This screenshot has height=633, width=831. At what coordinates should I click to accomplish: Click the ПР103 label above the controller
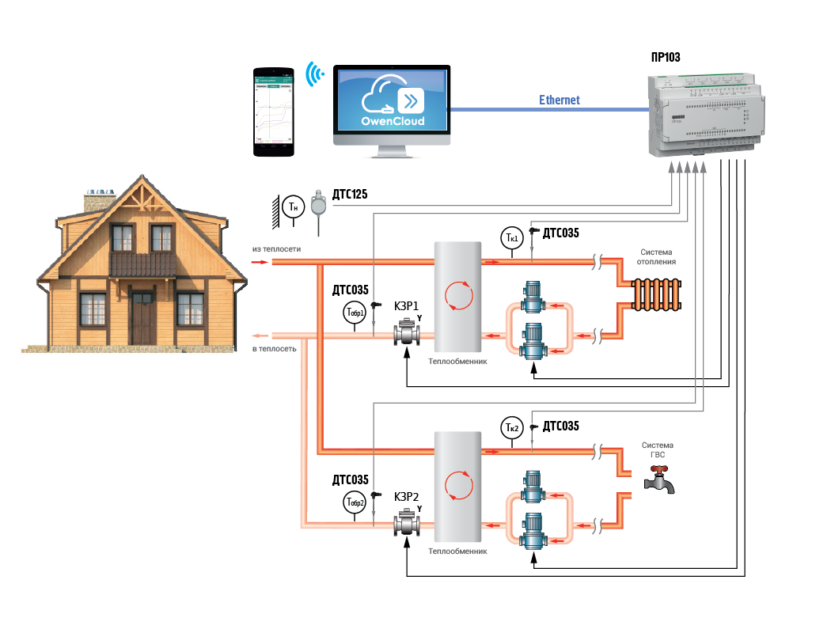665,57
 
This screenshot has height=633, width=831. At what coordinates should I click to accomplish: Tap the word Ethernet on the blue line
560,100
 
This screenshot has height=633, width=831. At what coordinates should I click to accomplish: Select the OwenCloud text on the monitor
393,121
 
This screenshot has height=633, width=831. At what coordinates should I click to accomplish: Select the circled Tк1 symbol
511,237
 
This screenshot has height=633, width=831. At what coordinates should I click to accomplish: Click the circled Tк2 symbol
511,428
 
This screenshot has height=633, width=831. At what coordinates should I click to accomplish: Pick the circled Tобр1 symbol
355,312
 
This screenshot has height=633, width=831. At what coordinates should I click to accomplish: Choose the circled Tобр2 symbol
355,502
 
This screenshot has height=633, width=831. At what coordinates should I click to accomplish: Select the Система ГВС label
657,450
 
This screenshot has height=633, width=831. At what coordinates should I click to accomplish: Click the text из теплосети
276,249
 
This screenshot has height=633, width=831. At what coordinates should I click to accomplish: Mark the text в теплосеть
275,349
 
